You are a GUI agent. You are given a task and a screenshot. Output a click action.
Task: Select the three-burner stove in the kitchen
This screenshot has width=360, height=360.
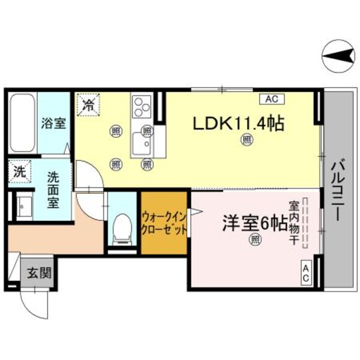click(x=143, y=108)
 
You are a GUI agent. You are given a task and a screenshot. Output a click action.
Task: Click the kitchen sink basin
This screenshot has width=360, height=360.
click(x=142, y=144)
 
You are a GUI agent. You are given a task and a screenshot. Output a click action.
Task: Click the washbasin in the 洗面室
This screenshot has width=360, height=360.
click(x=23, y=207)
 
